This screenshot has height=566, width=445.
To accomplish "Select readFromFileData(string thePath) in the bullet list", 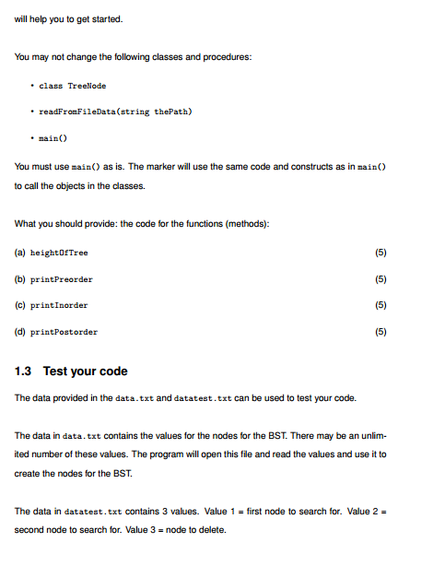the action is coord(114,112).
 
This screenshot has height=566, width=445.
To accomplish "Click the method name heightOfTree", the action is coord(62,252).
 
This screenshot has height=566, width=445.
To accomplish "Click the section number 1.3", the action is coord(26,371).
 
